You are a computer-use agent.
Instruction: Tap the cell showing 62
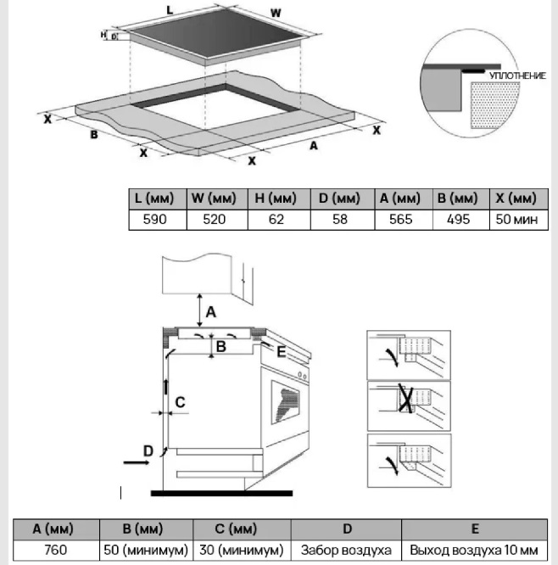tap(276, 219)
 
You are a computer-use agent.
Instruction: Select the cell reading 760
tap(55, 550)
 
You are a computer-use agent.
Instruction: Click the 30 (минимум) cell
tap(241, 550)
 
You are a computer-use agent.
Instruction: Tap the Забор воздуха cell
tap(346, 550)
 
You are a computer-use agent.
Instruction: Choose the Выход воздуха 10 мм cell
tap(474, 550)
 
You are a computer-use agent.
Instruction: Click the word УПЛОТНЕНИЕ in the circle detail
tap(517, 76)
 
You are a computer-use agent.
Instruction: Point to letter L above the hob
tap(170, 10)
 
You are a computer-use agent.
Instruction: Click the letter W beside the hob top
tap(276, 14)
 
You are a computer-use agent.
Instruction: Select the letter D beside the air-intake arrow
tap(148, 450)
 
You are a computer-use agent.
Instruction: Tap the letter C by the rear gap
tap(180, 401)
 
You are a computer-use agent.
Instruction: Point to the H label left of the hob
tap(104, 35)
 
